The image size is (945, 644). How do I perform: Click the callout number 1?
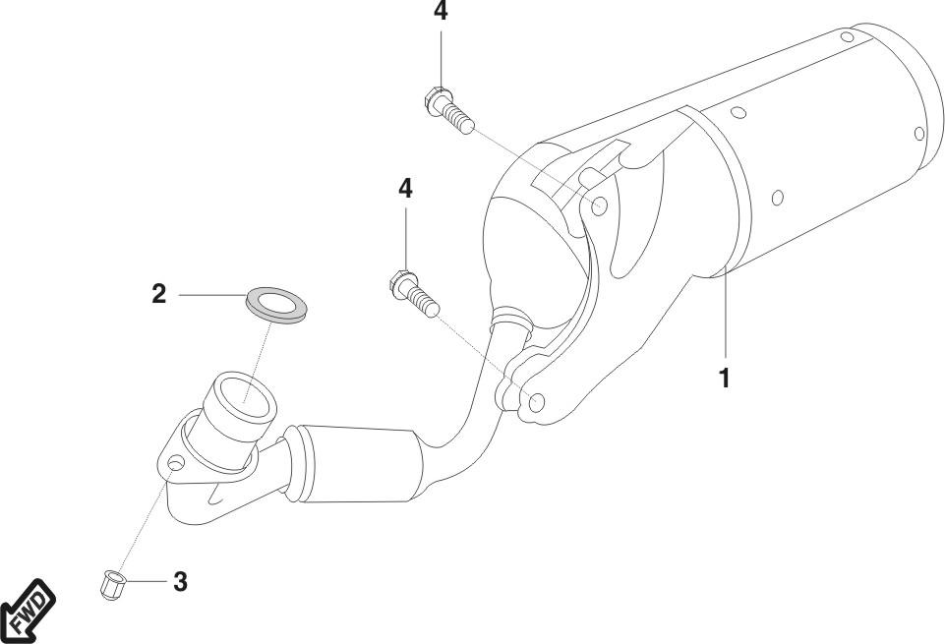click(725, 378)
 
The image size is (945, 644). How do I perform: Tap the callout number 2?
click(158, 294)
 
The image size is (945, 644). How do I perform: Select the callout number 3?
click(179, 581)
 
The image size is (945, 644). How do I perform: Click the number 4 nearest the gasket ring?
click(405, 189)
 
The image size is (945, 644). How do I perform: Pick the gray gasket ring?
click(275, 302)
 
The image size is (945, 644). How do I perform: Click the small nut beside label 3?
click(110, 585)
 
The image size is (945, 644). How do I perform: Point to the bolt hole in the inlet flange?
click(174, 461)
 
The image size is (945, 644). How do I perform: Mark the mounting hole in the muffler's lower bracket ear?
click(537, 402)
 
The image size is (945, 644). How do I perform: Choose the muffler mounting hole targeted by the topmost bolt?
click(600, 205)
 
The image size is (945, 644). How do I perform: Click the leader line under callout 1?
click(725, 315)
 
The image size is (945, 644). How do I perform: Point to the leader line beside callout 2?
click(211, 294)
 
